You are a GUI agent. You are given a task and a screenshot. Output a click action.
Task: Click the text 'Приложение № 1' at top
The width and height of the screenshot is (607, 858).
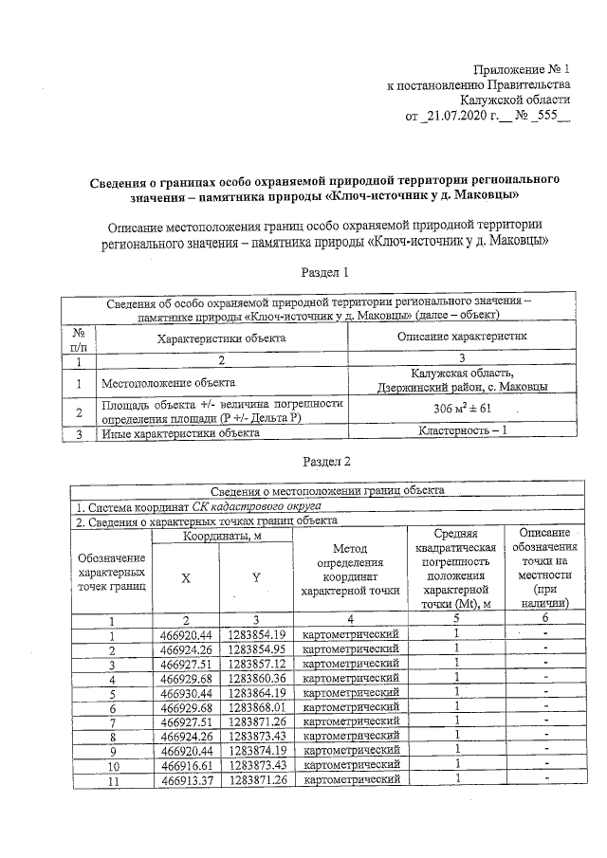click(524, 69)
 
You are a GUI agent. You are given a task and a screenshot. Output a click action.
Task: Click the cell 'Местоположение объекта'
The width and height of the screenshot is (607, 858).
click(169, 384)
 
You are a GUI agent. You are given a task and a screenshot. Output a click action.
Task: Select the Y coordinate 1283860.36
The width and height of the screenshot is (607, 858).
click(256, 679)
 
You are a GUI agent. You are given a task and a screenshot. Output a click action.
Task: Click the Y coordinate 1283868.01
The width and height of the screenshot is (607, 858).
click(256, 707)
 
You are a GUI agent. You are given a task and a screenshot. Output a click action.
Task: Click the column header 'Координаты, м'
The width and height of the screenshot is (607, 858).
click(220, 538)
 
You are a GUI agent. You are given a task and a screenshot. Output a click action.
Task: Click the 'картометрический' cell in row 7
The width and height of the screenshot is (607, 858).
click(350, 721)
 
